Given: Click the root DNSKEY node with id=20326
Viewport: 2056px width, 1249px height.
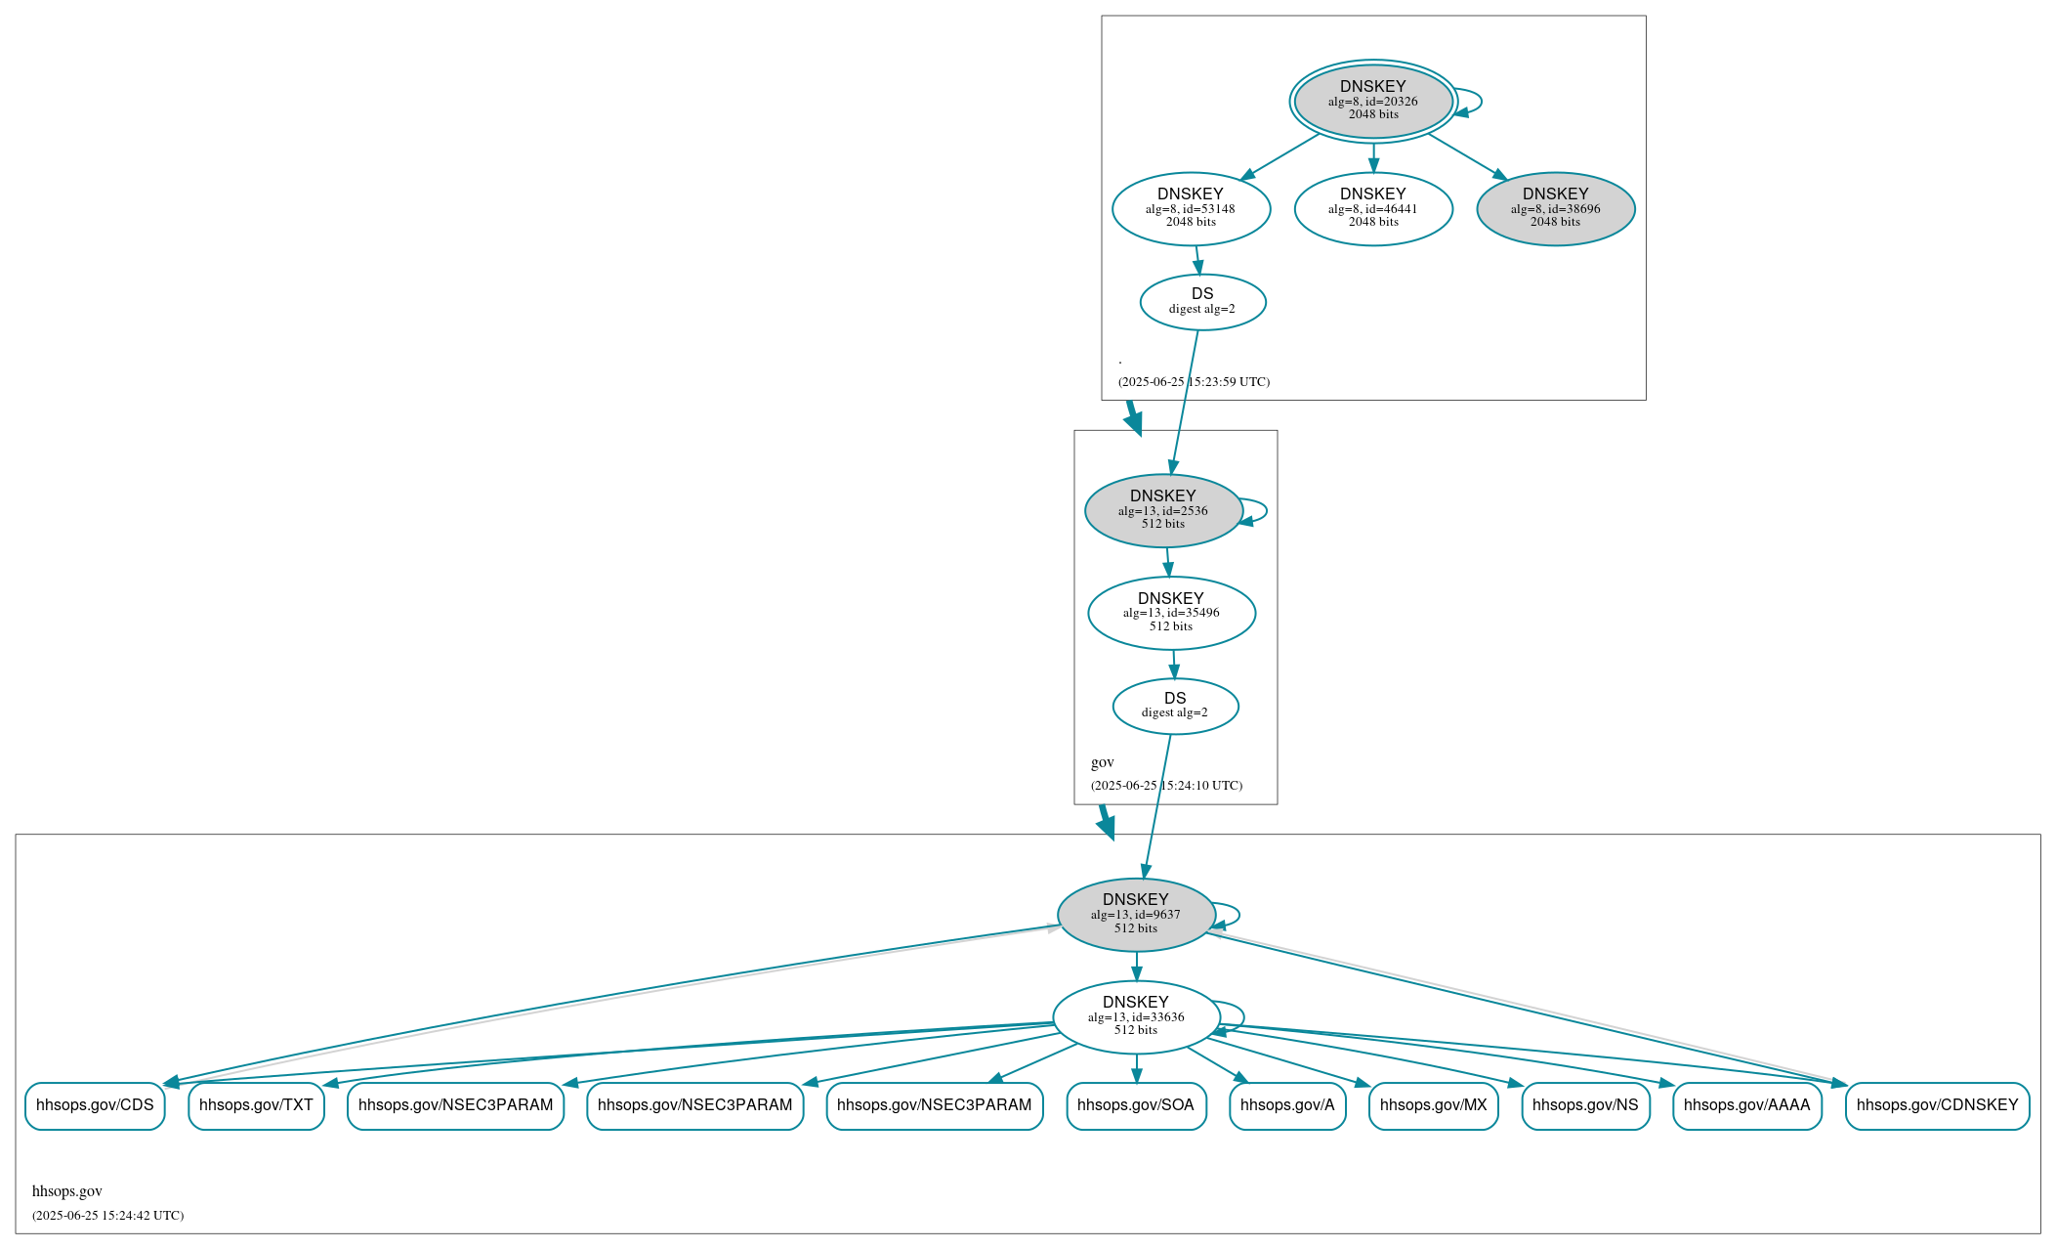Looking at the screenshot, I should (x=1372, y=101).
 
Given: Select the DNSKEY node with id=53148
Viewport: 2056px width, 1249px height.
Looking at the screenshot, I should (x=1191, y=208).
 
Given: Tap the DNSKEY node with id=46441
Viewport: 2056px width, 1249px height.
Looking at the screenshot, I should (x=1372, y=208).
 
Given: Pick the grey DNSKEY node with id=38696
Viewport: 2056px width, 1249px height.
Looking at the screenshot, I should (x=1555, y=208).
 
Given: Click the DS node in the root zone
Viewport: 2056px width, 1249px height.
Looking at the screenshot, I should (x=1202, y=301).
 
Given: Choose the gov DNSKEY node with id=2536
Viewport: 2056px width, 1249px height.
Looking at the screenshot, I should (x=1162, y=510).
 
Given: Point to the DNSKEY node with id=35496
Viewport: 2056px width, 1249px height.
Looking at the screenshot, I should (x=1171, y=613).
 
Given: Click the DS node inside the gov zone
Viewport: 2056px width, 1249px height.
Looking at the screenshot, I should (x=1175, y=706).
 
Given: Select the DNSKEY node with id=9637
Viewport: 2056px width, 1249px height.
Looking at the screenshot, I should (x=1136, y=915).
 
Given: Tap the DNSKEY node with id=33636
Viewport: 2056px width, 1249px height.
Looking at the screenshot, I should (x=1136, y=1017).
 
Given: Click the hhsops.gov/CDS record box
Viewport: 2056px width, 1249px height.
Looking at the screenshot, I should (x=95, y=1105).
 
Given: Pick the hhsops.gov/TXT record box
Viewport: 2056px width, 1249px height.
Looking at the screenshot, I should (x=256, y=1105).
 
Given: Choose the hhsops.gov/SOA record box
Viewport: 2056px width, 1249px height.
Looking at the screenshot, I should (x=1136, y=1105).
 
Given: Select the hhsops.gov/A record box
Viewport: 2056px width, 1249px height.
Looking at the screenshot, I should (x=1287, y=1105).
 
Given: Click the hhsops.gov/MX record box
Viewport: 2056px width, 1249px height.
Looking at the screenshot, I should (x=1433, y=1105).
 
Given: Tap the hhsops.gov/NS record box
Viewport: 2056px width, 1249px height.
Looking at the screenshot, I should (x=1585, y=1105).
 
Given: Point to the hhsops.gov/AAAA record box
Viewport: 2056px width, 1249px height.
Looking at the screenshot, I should (x=1746, y=1105).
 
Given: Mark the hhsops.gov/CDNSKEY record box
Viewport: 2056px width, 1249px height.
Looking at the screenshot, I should (x=1937, y=1105).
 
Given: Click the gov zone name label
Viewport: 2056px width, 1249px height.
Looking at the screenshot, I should (x=1103, y=762).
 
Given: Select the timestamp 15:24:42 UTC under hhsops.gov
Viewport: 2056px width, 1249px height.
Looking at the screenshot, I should (x=107, y=1216).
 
